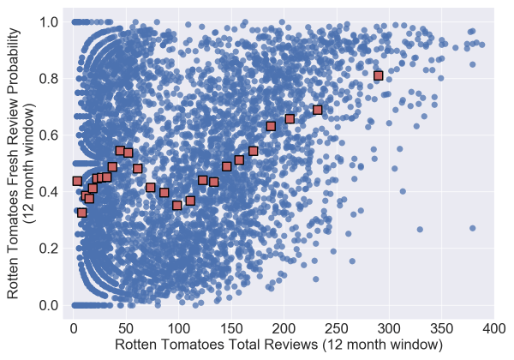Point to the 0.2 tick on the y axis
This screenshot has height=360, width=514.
tap(52, 249)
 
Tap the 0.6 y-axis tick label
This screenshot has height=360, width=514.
tap(52, 135)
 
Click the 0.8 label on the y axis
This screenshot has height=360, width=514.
tap(52, 78)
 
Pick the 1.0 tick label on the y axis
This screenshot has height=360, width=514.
tap(52, 21)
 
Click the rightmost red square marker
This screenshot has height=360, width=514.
tap(378, 75)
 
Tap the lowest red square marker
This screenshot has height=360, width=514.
tap(82, 213)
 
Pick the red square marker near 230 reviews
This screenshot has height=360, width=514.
tap(317, 110)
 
